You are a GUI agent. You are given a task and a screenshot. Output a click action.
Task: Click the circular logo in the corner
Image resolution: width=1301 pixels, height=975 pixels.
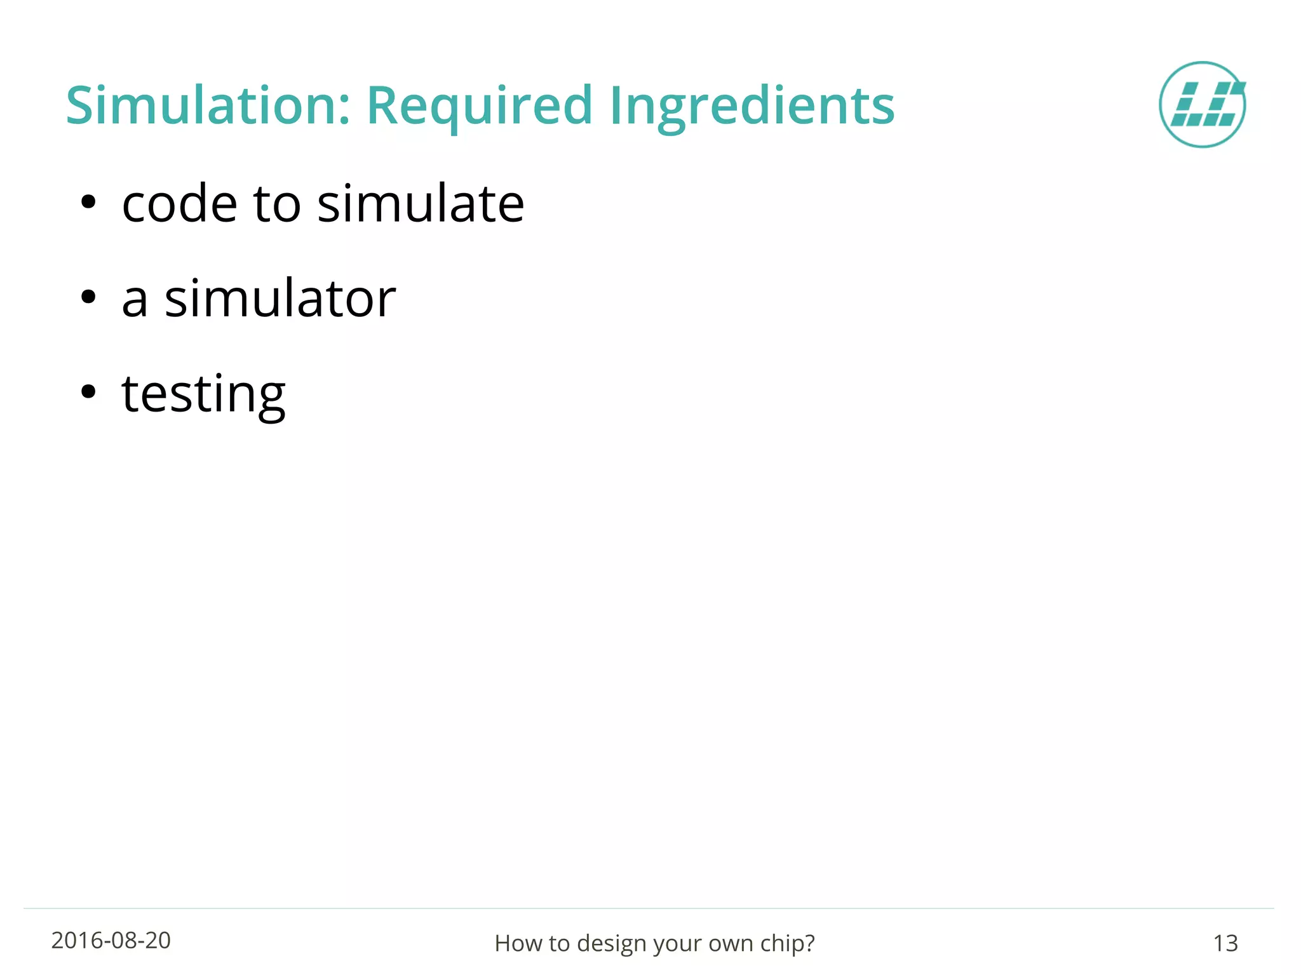(x=1202, y=105)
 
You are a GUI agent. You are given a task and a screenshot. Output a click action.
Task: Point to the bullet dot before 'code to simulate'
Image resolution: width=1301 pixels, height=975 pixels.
(x=88, y=203)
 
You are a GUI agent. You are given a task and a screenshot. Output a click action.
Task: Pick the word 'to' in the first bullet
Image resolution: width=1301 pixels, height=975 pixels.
(x=276, y=205)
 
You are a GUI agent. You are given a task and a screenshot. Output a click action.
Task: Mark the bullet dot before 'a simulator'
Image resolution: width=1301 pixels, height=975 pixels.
(x=88, y=297)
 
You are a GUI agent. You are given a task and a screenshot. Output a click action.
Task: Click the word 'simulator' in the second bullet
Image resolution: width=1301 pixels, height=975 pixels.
(x=280, y=299)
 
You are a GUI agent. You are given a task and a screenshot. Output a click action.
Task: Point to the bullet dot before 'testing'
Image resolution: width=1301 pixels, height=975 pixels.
(x=88, y=392)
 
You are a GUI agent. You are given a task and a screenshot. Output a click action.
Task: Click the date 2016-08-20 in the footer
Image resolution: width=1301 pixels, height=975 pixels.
(x=111, y=941)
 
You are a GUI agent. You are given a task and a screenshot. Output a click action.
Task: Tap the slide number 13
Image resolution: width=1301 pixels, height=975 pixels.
(x=1225, y=943)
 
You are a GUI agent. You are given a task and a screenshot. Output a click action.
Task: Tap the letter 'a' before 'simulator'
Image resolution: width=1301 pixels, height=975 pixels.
(x=135, y=300)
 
